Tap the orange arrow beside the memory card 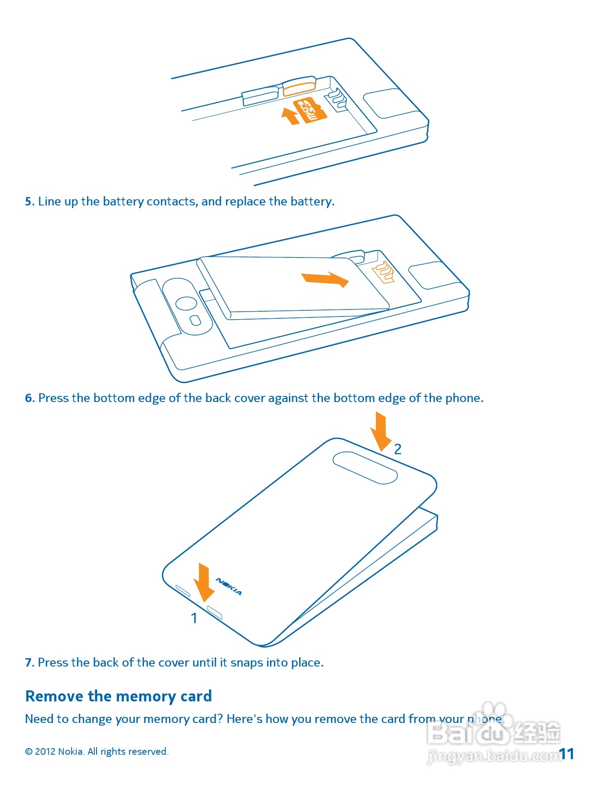[290, 116]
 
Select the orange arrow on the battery [325, 279]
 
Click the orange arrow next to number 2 [380, 431]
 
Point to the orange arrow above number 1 [203, 582]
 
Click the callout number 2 [397, 449]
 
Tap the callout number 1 [194, 618]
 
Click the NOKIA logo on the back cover [229, 586]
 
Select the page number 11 [566, 754]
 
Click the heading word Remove [55, 696]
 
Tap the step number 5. [29, 201]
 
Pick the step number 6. [29, 398]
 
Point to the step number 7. [29, 663]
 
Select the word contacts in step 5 [171, 201]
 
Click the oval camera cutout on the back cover [365, 468]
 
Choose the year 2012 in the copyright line [45, 752]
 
